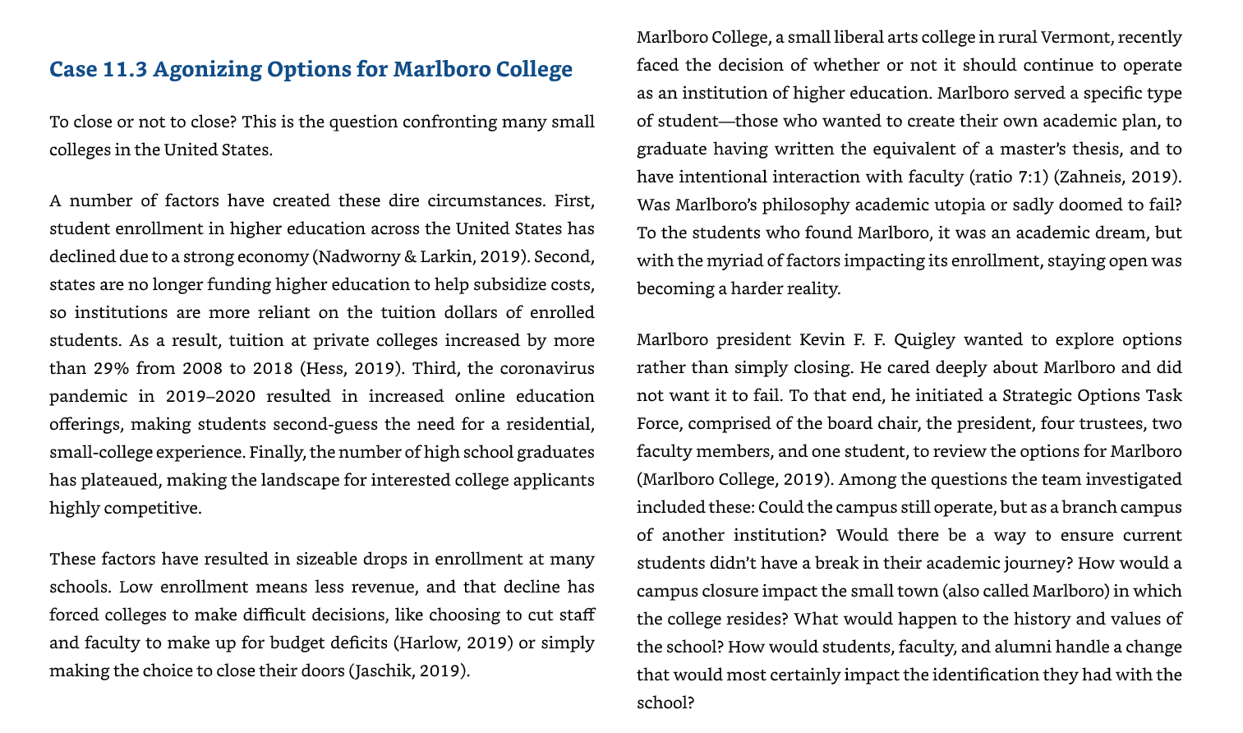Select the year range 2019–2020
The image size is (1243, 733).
click(x=210, y=396)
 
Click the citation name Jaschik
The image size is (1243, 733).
click(x=383, y=671)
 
